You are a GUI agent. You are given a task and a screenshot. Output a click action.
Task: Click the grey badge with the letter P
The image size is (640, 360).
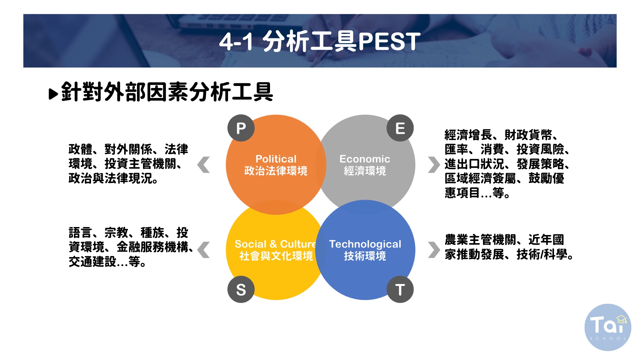241,128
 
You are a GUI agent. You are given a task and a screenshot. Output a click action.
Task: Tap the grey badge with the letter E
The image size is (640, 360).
400,128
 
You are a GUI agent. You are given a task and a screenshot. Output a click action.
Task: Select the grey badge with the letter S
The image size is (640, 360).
241,289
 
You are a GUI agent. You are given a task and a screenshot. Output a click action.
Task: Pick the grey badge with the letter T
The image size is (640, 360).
400,289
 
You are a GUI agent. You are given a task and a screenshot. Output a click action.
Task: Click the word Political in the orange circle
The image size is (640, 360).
276,159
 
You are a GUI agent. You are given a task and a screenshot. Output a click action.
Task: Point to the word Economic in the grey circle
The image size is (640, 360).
365,159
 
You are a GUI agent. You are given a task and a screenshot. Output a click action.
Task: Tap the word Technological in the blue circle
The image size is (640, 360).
365,244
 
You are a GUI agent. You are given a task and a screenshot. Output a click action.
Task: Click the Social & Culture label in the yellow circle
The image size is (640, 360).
275,244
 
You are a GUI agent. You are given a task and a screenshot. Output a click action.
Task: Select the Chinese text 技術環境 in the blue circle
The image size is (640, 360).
365,256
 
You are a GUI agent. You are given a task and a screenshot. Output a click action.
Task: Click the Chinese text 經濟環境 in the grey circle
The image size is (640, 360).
365,171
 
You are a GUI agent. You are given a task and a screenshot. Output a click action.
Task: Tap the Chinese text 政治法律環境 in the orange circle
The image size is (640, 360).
276,171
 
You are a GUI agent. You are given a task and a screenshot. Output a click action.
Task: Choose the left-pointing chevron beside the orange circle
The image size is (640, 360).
204,165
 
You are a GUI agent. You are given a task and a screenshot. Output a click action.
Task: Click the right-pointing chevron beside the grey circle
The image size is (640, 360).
434,165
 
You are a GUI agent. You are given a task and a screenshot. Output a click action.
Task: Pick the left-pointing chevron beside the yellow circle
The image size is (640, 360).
204,250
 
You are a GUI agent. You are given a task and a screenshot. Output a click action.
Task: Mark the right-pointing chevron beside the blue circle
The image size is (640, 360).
434,250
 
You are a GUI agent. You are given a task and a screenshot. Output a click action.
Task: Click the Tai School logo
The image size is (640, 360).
608,327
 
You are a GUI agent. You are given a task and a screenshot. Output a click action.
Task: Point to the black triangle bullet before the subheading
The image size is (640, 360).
53,94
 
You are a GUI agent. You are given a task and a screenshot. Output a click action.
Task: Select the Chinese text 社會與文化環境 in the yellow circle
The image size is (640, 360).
276,256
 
